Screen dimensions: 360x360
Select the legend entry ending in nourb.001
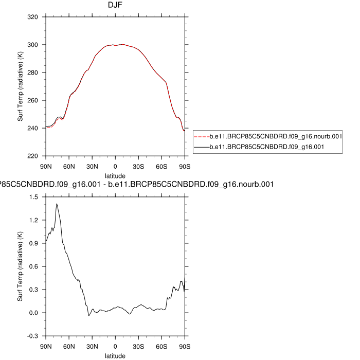coord(276,136)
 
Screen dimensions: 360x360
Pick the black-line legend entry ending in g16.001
coord(268,147)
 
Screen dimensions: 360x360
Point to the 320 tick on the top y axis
coord(34,17)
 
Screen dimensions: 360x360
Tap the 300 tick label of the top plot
coord(34,45)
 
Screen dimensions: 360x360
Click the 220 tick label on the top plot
coord(34,156)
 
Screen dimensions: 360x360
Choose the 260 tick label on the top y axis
coord(34,100)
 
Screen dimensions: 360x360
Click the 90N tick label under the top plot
coord(46,167)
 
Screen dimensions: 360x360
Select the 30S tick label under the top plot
coord(138,167)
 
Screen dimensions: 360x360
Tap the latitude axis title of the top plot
coord(115,176)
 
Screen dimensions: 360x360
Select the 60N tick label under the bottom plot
coord(69,347)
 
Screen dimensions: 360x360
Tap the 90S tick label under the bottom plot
coord(184,347)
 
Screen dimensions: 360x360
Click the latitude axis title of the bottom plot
coord(115,355)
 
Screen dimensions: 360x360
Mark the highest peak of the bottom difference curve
coord(57,204)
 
